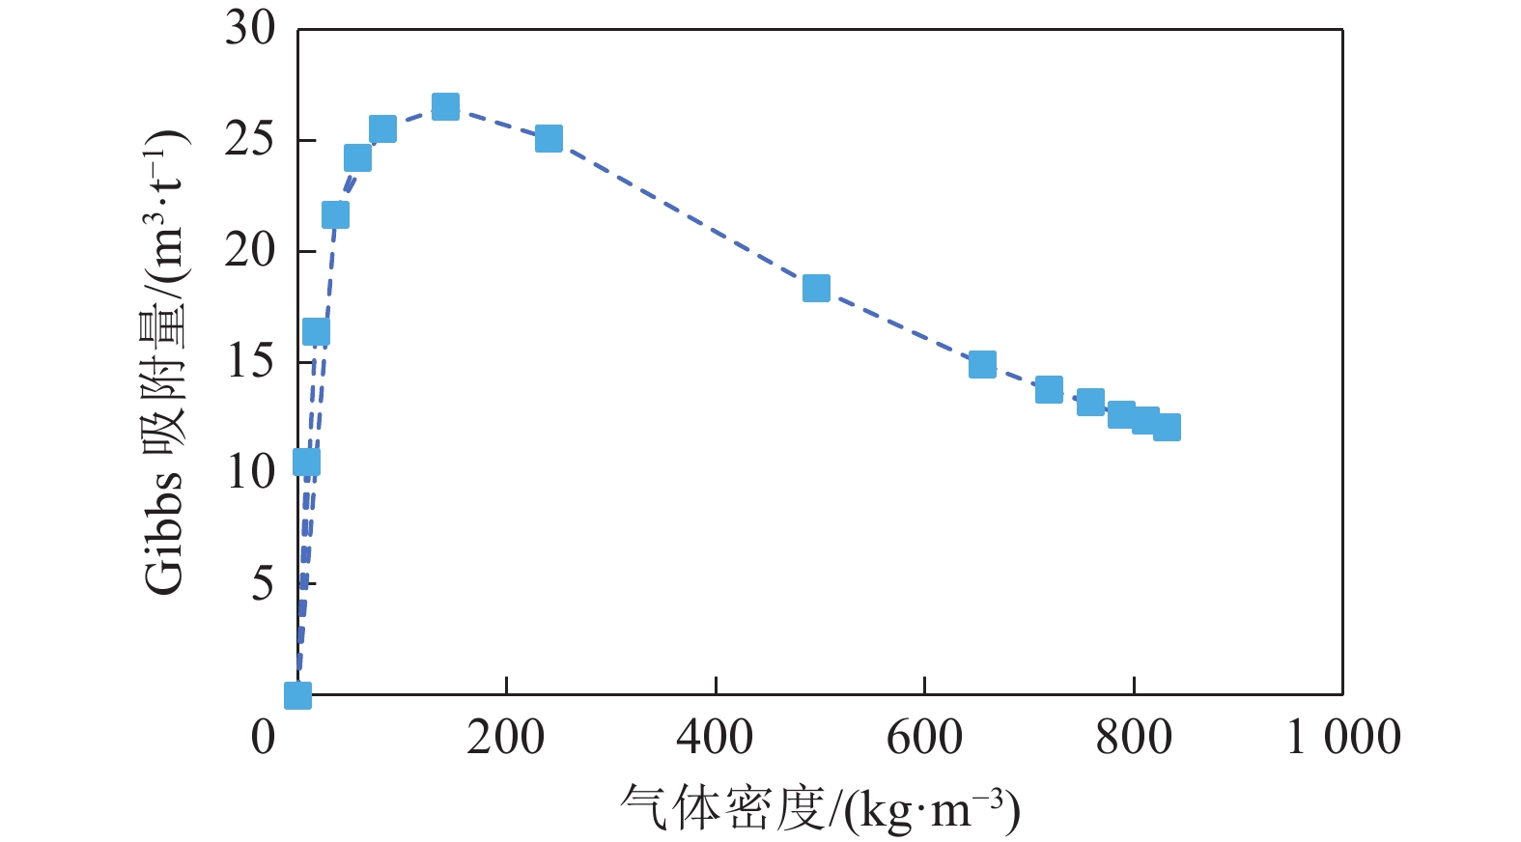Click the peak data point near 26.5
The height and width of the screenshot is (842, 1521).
445,106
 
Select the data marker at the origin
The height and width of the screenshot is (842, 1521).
297,694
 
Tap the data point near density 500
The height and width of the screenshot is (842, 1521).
816,288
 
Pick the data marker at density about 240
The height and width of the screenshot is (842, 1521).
549,138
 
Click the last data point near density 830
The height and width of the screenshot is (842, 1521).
1167,427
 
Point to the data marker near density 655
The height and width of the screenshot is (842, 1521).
982,364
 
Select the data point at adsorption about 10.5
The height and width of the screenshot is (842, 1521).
306,463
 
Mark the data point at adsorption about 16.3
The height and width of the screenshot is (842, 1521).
316,332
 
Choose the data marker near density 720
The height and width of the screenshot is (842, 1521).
1049,389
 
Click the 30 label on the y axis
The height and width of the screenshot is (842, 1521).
250,29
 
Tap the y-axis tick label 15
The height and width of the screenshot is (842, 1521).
250,362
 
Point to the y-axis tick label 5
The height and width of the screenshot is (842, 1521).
263,583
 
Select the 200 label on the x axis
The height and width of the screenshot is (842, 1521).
505,738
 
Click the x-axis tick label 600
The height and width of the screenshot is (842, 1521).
924,738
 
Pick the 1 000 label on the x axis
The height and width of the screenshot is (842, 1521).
1343,738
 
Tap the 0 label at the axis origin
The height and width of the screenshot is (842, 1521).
263,738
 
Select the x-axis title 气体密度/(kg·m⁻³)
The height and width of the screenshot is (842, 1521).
820,809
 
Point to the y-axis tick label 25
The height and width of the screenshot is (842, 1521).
250,140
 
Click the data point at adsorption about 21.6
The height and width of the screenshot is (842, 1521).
335,214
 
